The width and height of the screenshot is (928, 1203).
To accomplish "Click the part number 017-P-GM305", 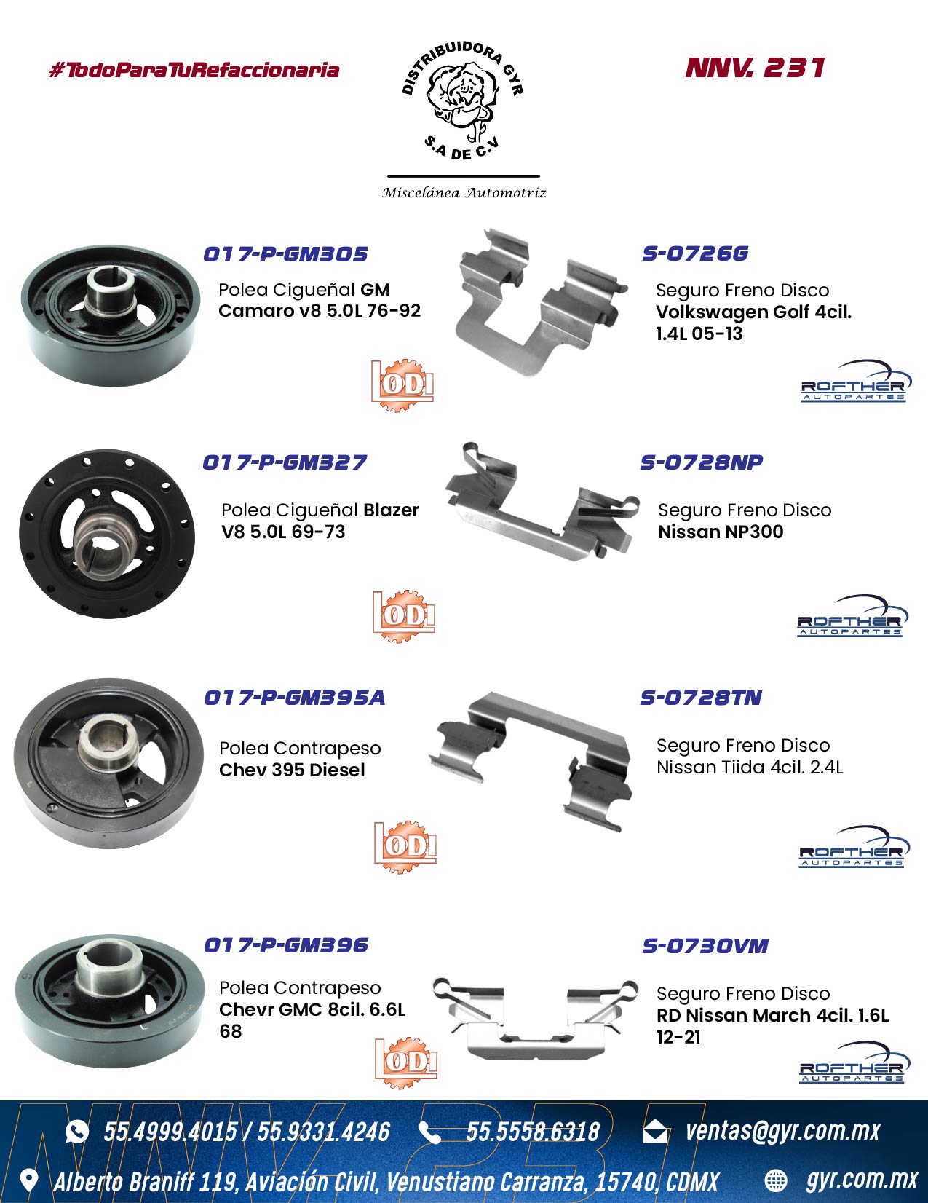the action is point(285,254).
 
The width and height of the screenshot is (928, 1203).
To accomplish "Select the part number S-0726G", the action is point(695,253).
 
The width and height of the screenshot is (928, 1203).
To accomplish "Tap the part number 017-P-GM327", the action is point(285,462).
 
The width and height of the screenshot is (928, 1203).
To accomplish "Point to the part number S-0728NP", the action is point(702,462).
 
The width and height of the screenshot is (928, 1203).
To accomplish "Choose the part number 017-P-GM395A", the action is point(294,698).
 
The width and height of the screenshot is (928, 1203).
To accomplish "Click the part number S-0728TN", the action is point(701,698).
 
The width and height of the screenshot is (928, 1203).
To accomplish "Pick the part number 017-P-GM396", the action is point(286,945).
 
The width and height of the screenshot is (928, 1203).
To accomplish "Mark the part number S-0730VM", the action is point(705,945).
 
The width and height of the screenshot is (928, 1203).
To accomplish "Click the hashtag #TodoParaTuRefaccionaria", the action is point(194,71).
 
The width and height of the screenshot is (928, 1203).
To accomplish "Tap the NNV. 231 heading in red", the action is point(756,68).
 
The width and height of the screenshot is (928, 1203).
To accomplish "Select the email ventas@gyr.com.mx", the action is point(782,1131).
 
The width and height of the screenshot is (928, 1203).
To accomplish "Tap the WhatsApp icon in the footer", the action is point(77,1132).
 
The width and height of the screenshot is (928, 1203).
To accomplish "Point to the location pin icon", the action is point(29,1181).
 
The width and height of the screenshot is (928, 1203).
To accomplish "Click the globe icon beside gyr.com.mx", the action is point(776,1181).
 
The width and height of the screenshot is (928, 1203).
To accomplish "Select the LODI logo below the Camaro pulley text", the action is point(402,384).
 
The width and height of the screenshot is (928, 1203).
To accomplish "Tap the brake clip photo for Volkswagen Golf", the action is point(539,301).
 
